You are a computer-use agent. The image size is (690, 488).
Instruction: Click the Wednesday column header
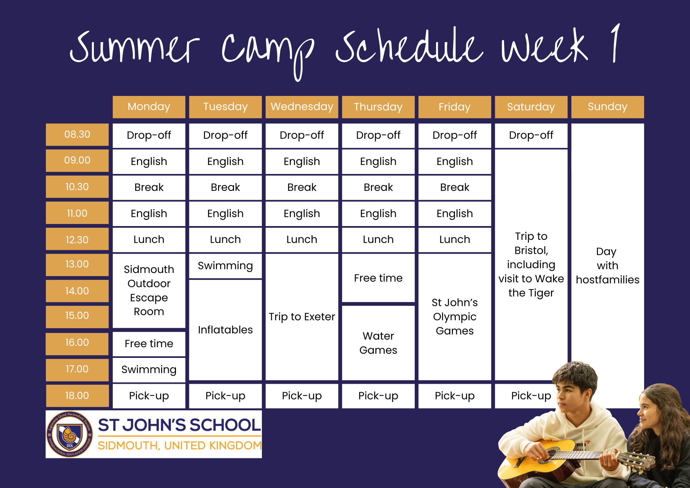point(302,107)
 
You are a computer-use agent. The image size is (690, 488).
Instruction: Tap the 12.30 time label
point(77,240)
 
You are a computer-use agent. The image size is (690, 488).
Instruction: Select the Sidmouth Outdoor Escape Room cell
point(149,290)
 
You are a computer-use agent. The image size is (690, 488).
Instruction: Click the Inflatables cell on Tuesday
point(225,330)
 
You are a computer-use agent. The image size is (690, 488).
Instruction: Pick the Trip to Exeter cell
point(302,316)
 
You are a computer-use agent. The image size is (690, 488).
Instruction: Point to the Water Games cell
point(378,343)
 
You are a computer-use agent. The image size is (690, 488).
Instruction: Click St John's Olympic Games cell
point(455,316)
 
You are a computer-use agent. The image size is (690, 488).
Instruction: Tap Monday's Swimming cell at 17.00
point(149,370)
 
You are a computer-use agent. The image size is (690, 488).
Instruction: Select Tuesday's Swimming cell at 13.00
point(225,266)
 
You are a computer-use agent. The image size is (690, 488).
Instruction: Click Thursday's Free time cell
point(378,278)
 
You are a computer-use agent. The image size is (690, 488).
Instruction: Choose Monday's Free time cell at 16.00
point(149,343)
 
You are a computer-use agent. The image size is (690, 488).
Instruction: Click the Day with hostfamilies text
point(607,265)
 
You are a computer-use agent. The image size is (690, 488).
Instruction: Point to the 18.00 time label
point(77,396)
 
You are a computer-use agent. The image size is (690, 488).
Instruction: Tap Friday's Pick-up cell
point(455,396)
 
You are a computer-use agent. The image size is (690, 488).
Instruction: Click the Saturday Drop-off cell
point(531,135)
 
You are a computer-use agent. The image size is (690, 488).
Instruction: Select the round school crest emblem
point(70,434)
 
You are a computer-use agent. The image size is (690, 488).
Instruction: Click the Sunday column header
point(607,107)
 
